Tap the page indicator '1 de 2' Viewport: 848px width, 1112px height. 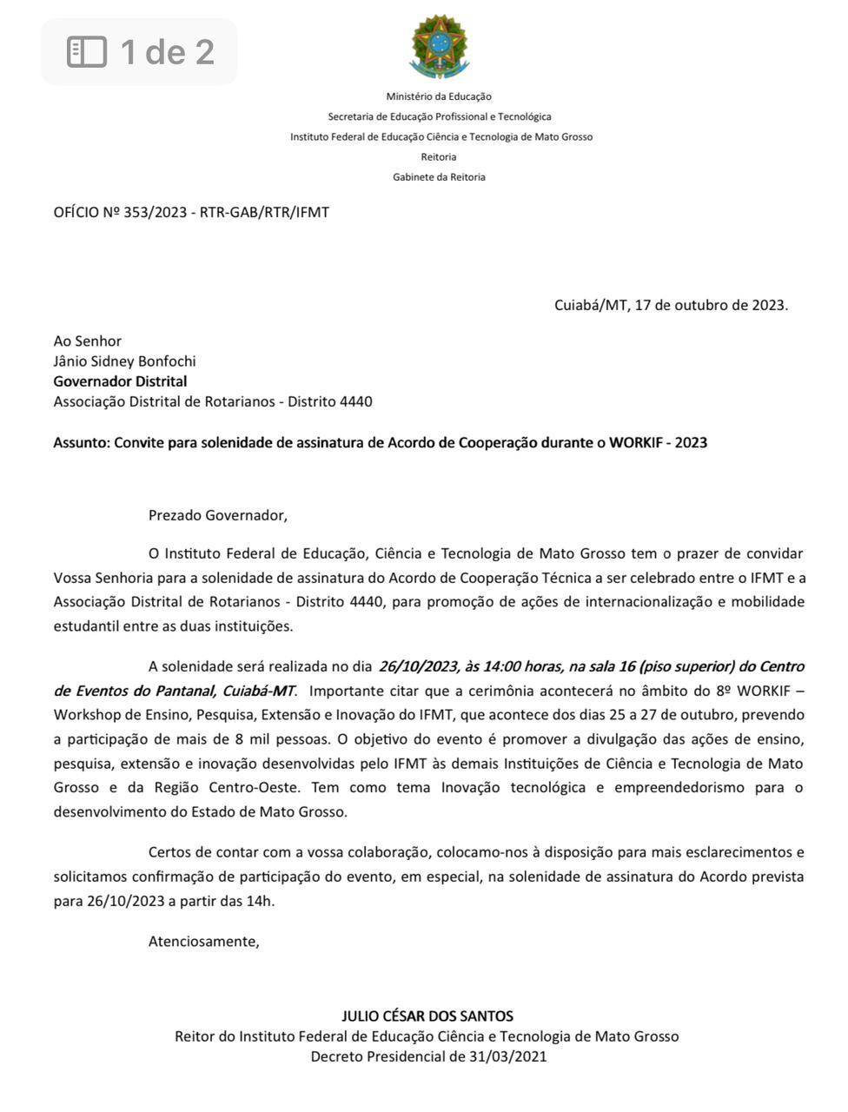coord(139,52)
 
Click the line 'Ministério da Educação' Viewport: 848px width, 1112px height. coord(439,96)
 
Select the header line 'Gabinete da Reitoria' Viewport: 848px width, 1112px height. coord(439,177)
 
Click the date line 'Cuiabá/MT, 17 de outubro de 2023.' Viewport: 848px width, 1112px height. coord(671,305)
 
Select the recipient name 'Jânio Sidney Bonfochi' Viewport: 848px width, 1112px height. coord(124,361)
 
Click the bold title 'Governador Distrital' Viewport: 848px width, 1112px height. coord(120,381)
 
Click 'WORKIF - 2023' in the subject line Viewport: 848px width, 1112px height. coord(658,443)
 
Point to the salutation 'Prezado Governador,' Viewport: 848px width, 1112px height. coord(217,515)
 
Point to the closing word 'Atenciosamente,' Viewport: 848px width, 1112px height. coord(203,941)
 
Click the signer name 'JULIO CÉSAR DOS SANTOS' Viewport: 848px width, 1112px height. coord(427,1016)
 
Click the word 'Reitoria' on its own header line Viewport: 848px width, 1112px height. coord(439,157)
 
